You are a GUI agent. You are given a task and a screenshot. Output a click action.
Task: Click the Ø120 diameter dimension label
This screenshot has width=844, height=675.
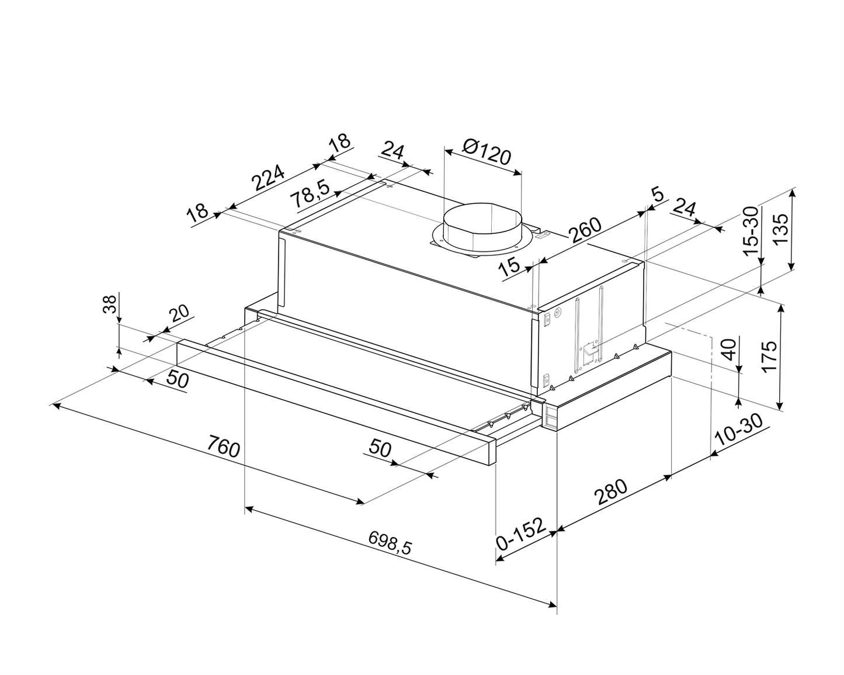coord(487,153)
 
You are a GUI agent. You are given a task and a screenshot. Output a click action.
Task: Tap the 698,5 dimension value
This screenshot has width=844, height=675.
coord(390,543)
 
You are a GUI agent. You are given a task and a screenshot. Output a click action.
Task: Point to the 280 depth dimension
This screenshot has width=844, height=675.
coord(610,491)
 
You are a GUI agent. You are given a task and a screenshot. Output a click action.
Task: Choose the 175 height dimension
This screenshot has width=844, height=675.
coord(768,356)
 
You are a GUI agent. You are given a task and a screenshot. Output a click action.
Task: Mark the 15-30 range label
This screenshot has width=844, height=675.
coord(751,231)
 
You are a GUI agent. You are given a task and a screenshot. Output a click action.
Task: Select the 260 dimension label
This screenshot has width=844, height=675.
coord(585,230)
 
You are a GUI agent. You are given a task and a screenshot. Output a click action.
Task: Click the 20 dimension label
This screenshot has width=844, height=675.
coord(179,313)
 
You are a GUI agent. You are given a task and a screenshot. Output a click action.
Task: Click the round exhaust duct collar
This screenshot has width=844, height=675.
coord(482,227)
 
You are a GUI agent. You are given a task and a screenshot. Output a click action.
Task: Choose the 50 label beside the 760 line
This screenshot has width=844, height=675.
coord(178,379)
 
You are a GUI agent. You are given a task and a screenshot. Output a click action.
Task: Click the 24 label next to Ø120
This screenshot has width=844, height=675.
coord(392,151)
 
